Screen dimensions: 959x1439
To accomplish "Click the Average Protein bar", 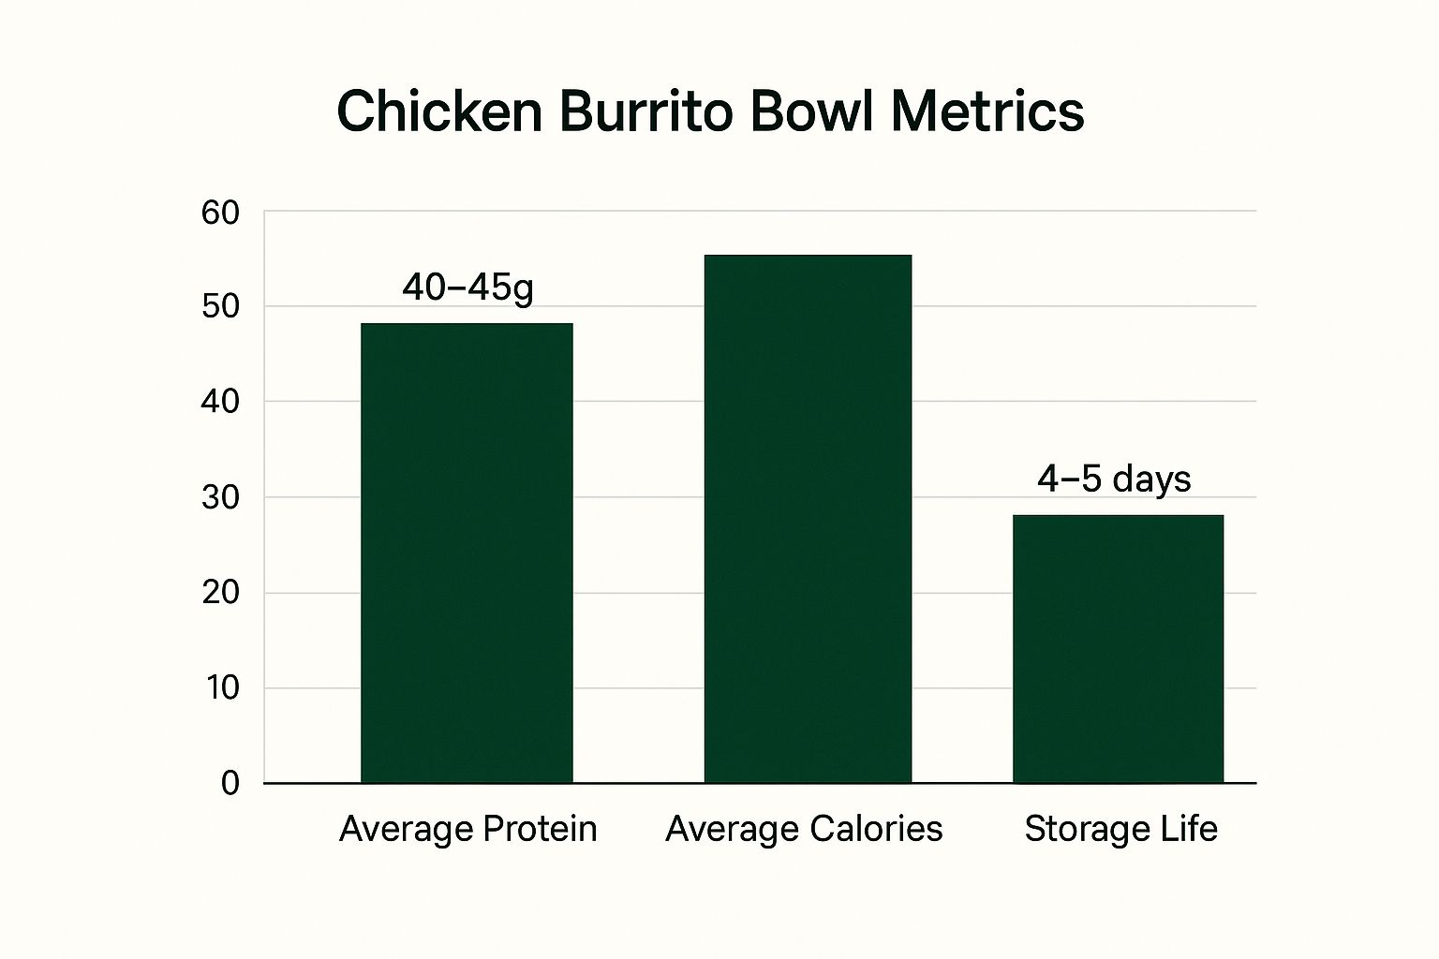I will [x=467, y=553].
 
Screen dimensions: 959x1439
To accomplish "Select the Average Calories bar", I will [x=808, y=519].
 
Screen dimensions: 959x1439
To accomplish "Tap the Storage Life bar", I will [x=1118, y=648].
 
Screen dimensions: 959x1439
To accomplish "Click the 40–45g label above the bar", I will [x=467, y=288].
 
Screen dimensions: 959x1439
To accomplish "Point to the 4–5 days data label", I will [x=1114, y=479].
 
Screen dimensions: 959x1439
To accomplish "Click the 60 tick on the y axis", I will [x=221, y=214].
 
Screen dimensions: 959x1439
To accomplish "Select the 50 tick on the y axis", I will [x=221, y=307].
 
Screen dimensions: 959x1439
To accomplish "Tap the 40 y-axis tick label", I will [x=221, y=402].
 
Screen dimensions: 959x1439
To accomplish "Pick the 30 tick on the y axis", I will [x=221, y=497].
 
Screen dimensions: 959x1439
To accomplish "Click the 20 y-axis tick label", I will [x=221, y=593].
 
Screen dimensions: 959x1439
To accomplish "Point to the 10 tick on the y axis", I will [x=221, y=688].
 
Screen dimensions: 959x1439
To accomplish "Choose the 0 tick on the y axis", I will [x=230, y=783].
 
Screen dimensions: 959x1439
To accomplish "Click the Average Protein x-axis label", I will [x=467, y=829].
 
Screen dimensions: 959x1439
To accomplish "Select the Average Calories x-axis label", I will [x=804, y=829].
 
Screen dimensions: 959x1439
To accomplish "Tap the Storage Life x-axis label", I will [x=1120, y=829].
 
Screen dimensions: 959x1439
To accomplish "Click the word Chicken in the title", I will [x=439, y=111].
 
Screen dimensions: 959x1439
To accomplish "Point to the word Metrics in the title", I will [x=987, y=111].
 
